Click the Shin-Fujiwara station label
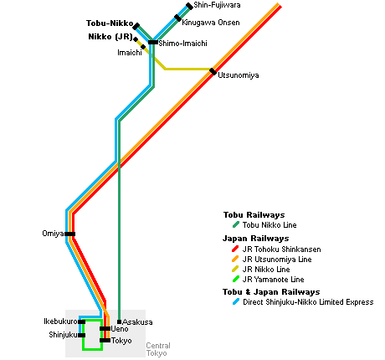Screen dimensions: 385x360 217,5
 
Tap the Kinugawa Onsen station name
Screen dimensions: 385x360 211,23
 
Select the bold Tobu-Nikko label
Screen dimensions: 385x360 110,23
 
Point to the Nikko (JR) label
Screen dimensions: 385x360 110,37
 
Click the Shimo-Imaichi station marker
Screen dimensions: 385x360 153,43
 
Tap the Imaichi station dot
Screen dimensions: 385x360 143,47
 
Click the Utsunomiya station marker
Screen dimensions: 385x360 213,72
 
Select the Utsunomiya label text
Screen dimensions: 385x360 239,75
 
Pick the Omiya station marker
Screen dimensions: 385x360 70,234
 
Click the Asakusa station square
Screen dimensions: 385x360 119,321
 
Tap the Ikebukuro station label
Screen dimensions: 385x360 60,321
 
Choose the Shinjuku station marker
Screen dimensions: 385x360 82,335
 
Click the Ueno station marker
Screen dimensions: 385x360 105,329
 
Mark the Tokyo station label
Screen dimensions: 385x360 121,341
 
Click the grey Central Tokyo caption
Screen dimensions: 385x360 158,349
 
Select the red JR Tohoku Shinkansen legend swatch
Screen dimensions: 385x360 235,249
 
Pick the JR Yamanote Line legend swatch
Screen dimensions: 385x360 235,279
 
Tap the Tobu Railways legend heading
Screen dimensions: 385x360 254,215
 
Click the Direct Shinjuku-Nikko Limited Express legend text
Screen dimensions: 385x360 308,302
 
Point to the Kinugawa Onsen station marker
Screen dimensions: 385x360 177,18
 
